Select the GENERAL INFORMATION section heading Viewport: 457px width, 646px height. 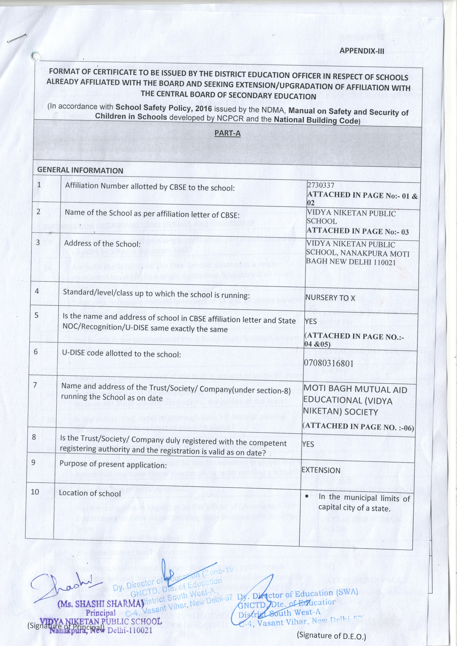click(x=80, y=171)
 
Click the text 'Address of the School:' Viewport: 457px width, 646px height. click(x=102, y=244)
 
